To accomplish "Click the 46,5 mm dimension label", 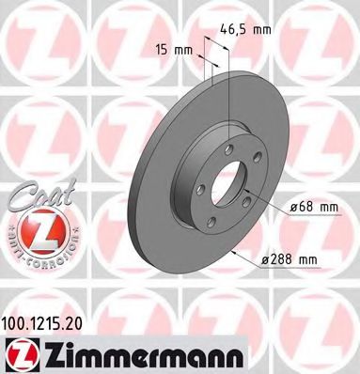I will (250, 30).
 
